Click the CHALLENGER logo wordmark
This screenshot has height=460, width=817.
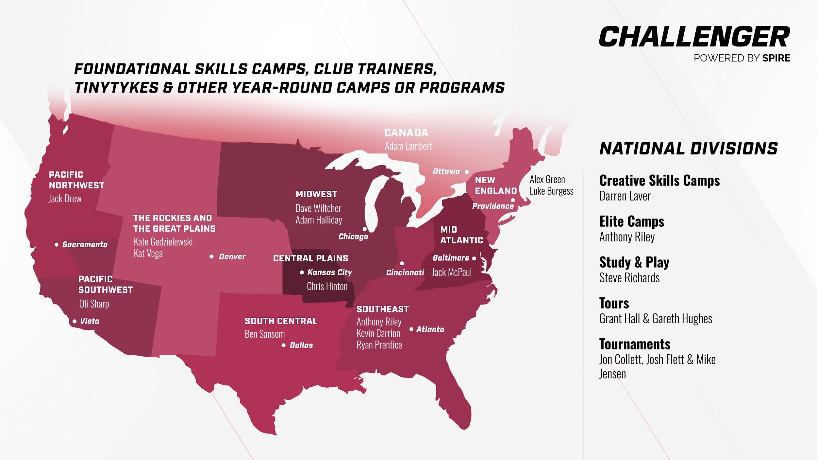click(x=694, y=37)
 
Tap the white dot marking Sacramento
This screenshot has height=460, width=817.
click(x=57, y=244)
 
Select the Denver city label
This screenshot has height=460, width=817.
click(x=232, y=257)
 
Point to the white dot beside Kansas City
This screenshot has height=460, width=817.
click(x=302, y=272)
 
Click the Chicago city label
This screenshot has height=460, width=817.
click(x=353, y=236)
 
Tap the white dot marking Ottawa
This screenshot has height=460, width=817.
click(x=467, y=172)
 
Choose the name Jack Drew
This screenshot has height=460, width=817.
click(x=65, y=199)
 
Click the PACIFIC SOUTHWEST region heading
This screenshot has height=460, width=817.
click(x=105, y=284)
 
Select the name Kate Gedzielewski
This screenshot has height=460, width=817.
click(x=163, y=242)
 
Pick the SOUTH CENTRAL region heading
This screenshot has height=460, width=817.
click(x=281, y=321)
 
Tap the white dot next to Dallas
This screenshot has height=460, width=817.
click(x=284, y=345)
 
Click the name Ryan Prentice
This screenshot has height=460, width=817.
click(x=379, y=345)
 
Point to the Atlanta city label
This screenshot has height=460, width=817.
click(x=430, y=329)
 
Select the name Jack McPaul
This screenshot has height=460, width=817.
click(x=452, y=272)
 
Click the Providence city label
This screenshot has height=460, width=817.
click(x=493, y=206)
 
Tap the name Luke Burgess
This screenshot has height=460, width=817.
click(x=551, y=191)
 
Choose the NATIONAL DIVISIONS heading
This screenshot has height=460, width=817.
click(x=688, y=149)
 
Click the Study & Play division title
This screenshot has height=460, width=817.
click(x=634, y=262)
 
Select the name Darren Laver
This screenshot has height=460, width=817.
click(x=625, y=196)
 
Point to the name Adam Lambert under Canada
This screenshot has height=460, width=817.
click(x=408, y=146)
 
